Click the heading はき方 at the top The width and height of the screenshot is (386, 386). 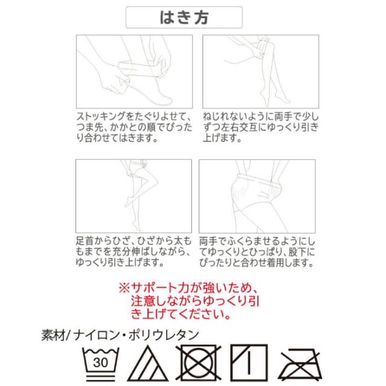(x=184, y=17)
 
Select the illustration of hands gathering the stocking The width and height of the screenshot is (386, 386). (x=133, y=69)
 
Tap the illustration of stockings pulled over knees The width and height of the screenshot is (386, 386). (x=259, y=69)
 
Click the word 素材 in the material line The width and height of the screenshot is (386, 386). (x=53, y=334)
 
